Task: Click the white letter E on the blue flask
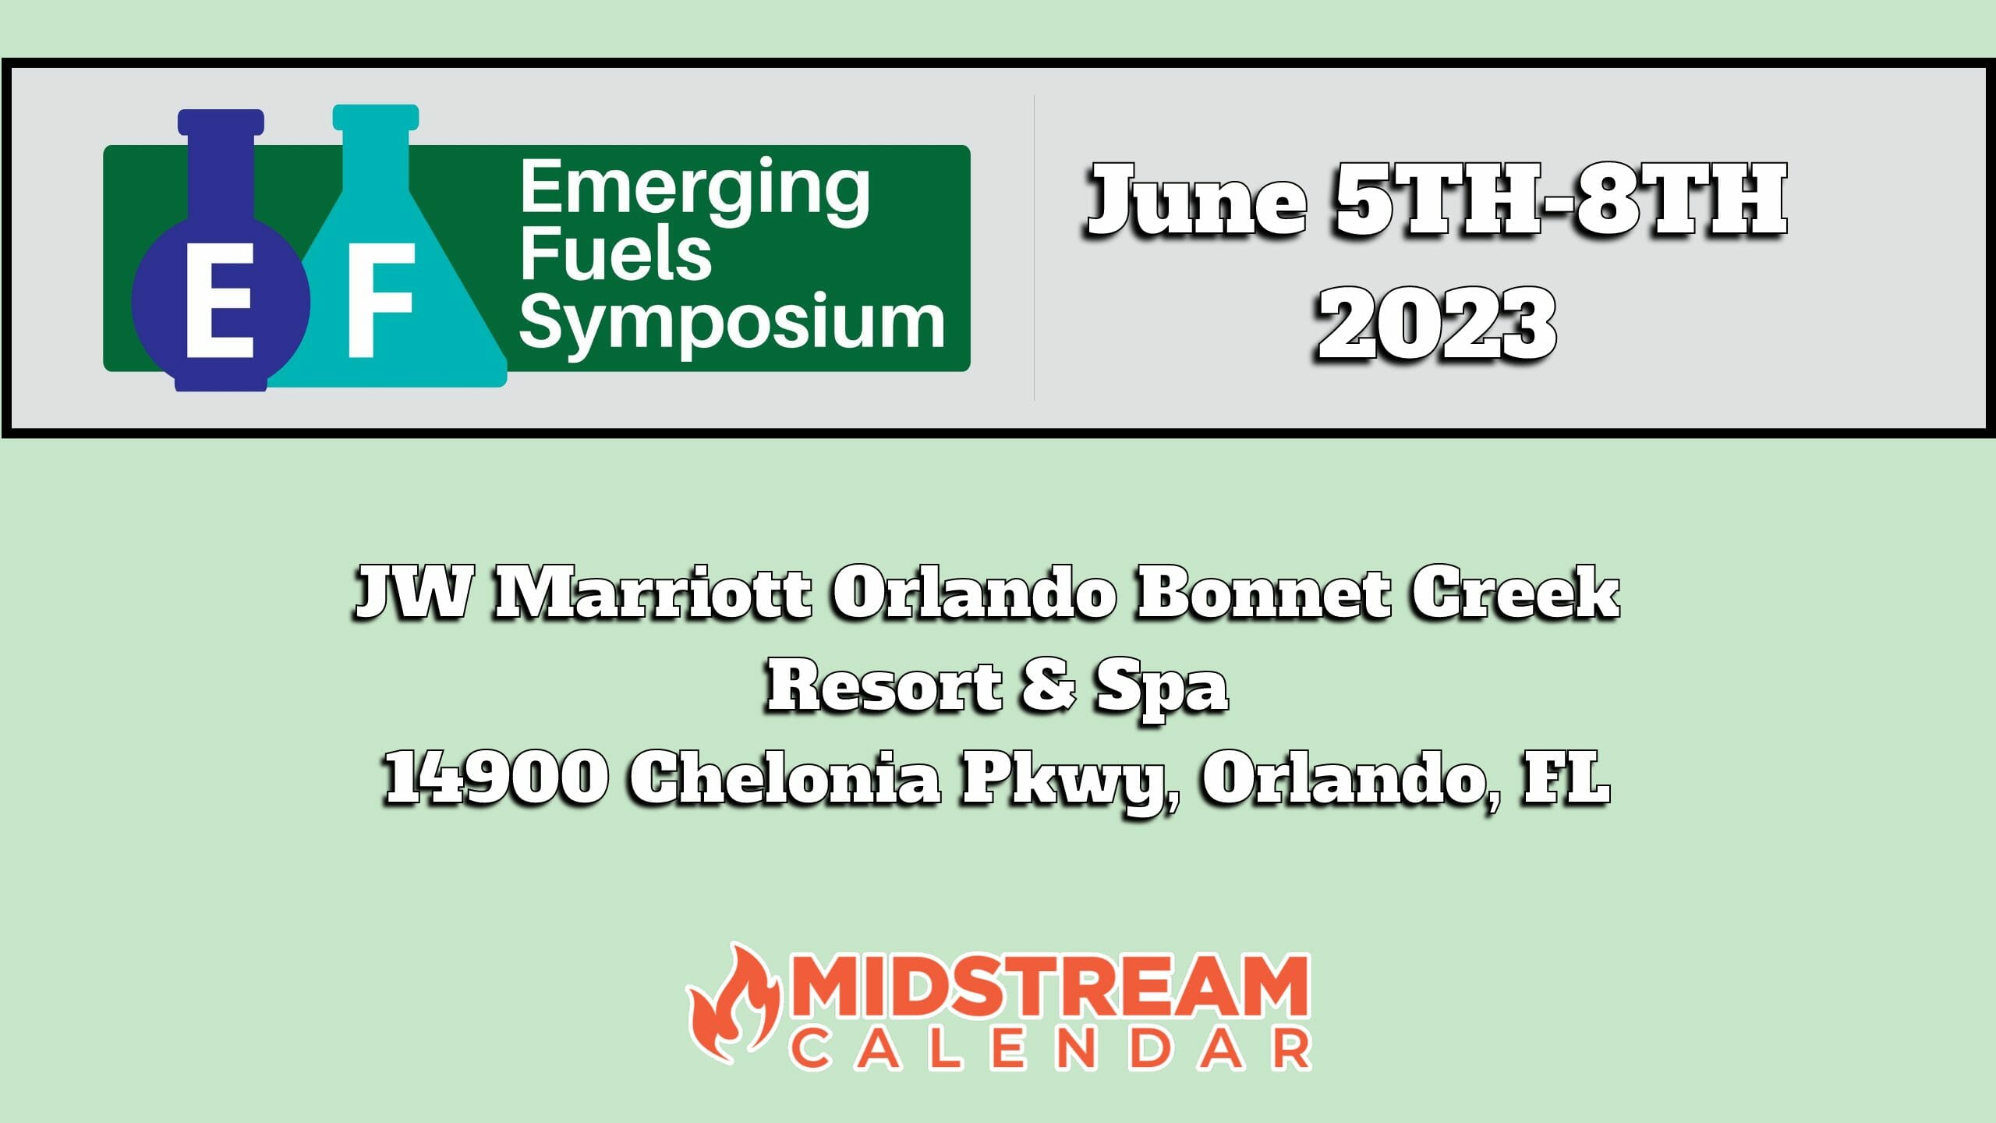[219, 300]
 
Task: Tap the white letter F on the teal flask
[380, 300]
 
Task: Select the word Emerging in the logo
[694, 190]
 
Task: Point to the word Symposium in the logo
[731, 321]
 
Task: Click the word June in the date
[1197, 201]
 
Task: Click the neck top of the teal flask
[375, 118]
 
